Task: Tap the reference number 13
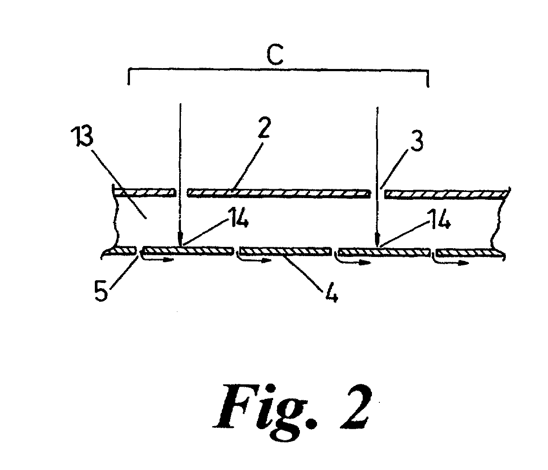pos(84,136)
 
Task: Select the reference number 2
pos(263,128)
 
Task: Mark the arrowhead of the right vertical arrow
pos(377,239)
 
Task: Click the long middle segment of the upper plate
pos(278,193)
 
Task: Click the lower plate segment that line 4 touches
pos(285,251)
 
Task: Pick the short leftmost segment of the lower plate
pos(122,250)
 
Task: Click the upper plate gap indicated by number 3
pos(377,194)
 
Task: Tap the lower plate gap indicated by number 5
pos(140,251)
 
